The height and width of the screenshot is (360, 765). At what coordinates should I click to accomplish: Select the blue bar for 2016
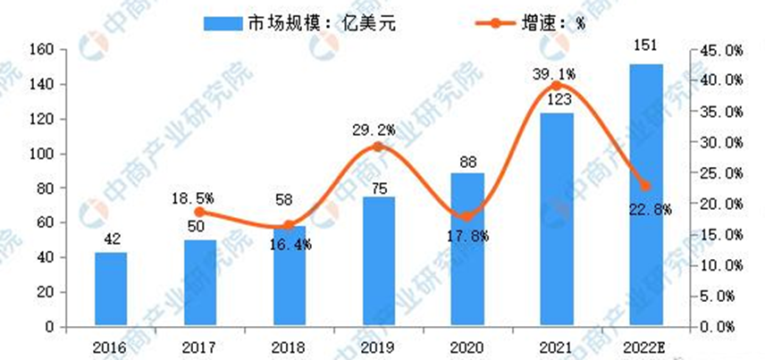click(111, 289)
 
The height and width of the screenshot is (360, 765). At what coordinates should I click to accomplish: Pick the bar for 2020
click(467, 250)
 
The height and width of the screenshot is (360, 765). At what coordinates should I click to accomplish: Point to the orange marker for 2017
click(200, 212)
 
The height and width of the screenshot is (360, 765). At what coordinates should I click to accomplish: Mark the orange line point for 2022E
click(646, 186)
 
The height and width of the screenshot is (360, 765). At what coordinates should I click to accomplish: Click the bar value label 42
click(111, 240)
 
